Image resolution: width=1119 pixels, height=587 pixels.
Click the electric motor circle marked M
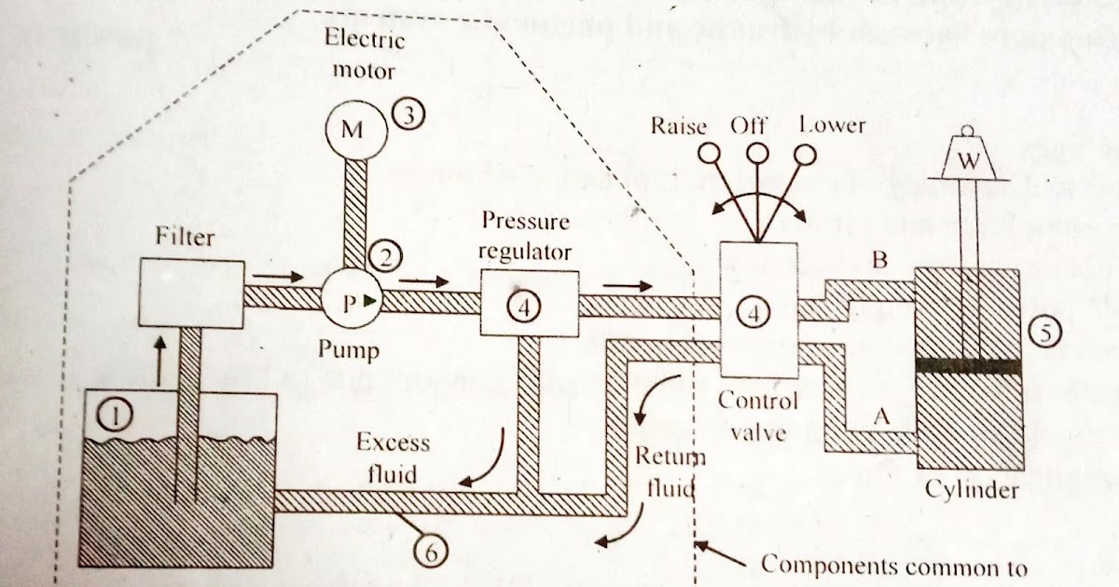pos(352,130)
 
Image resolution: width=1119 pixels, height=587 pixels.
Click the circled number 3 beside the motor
pos(408,116)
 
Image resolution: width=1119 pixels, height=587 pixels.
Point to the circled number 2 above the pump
pos(383,253)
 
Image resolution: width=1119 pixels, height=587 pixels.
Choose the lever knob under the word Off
pos(757,152)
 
